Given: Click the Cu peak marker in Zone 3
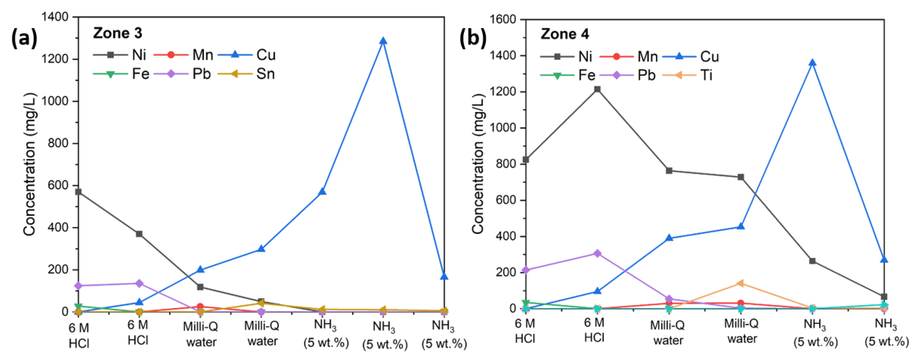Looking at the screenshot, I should pos(383,41).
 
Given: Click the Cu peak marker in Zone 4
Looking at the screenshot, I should pos(812,63).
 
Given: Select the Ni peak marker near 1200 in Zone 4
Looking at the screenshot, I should pos(597,89).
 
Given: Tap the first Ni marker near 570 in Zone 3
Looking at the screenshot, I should pos(78,192).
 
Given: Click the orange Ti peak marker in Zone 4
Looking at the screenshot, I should pos(740,283).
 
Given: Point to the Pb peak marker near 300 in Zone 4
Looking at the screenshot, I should pos(597,253).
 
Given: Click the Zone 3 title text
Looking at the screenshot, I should pos(117,33).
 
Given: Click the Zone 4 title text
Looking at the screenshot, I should pos(565,34).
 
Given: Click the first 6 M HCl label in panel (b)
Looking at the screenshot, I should pos(525,331).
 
